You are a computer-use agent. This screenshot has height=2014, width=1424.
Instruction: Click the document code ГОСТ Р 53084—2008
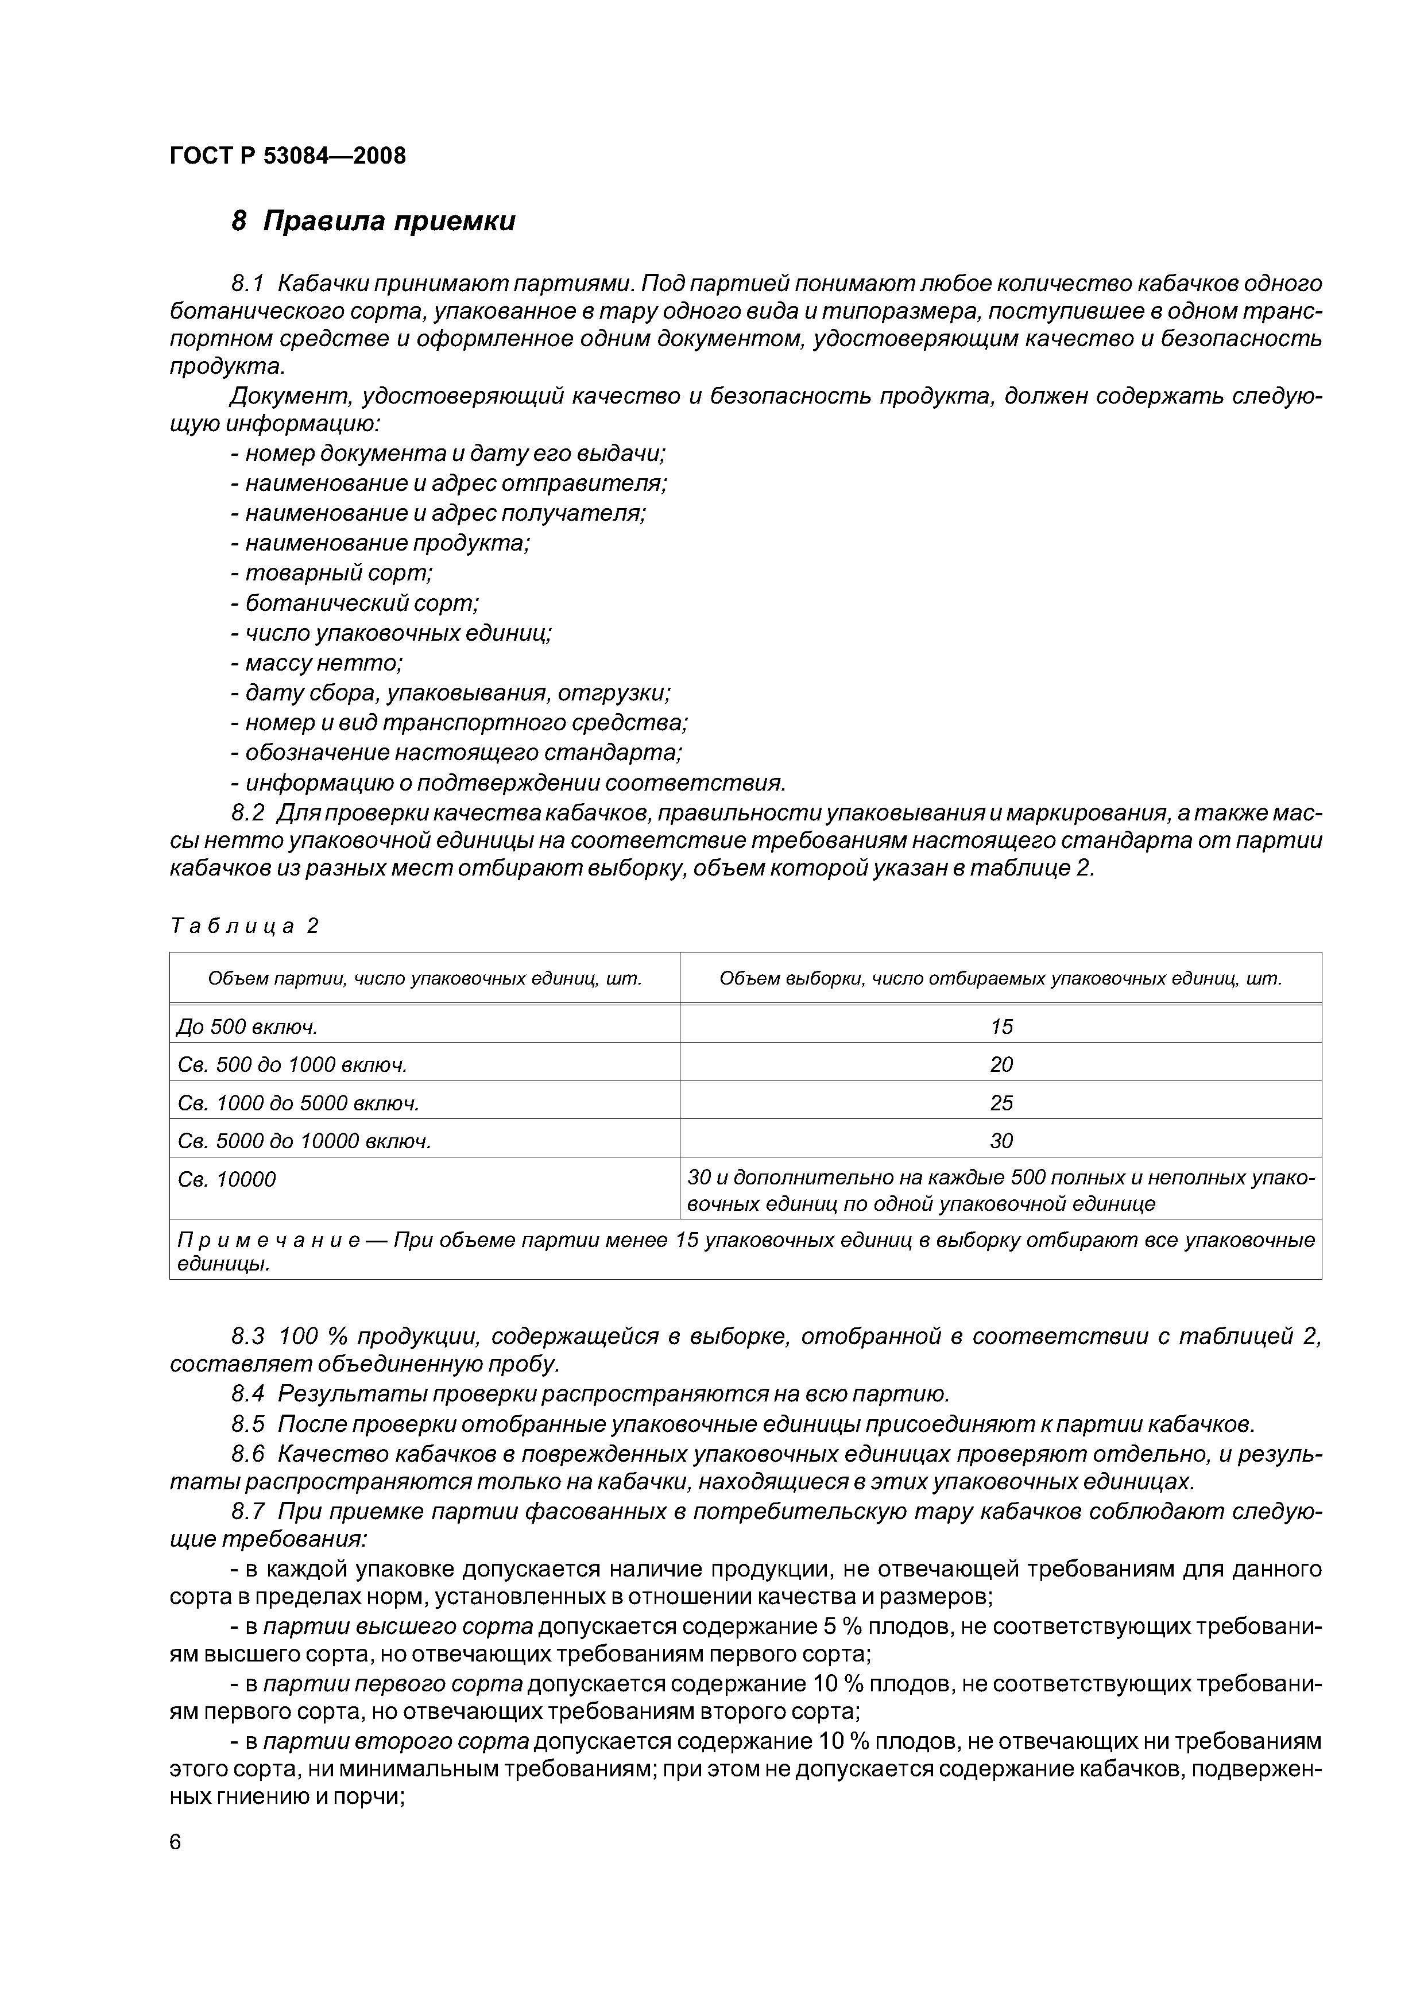[x=287, y=156]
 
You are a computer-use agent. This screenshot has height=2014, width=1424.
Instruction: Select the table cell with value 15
[x=1000, y=1027]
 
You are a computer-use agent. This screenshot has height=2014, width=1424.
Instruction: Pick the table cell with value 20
[x=1000, y=1065]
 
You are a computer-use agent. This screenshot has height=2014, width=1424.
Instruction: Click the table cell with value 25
[x=1000, y=1103]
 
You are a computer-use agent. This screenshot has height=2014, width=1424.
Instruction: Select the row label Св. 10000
[x=226, y=1180]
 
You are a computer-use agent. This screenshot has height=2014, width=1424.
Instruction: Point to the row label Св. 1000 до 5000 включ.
[x=299, y=1103]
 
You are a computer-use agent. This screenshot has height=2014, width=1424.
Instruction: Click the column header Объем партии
[x=425, y=979]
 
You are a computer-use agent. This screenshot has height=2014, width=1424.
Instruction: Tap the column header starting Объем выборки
[x=1000, y=979]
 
